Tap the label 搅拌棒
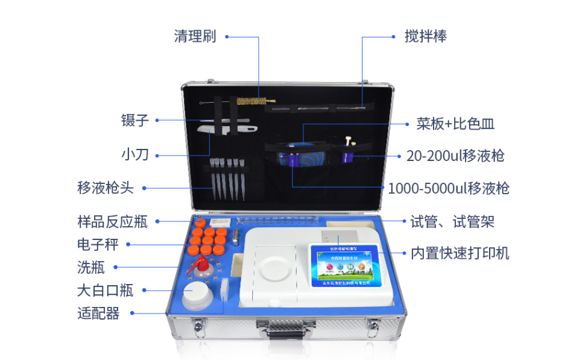pyautogui.click(x=426, y=36)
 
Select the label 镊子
pyautogui.click(x=134, y=120)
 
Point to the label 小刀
pyautogui.click(x=134, y=155)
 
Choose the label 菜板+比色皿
pyautogui.click(x=455, y=124)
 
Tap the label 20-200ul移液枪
pyautogui.click(x=455, y=156)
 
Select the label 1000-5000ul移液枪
pyautogui.click(x=449, y=189)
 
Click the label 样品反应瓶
pyautogui.click(x=112, y=221)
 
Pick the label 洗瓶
pyautogui.click(x=90, y=267)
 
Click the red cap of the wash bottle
pyautogui.click(x=200, y=264)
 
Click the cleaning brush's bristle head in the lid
pyautogui.click(x=252, y=101)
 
